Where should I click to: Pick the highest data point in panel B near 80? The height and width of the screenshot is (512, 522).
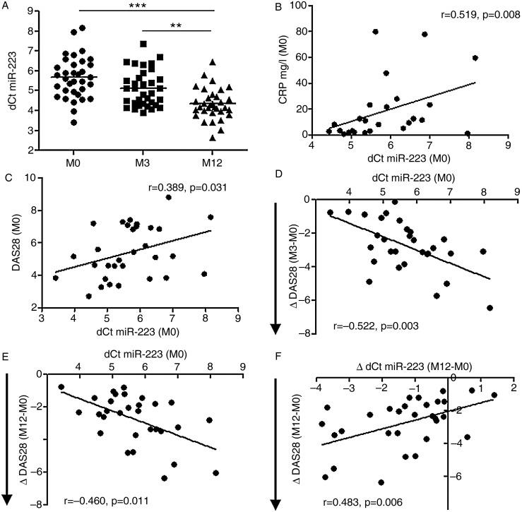click(x=376, y=31)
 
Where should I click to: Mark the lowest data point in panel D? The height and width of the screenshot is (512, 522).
click(x=490, y=308)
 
